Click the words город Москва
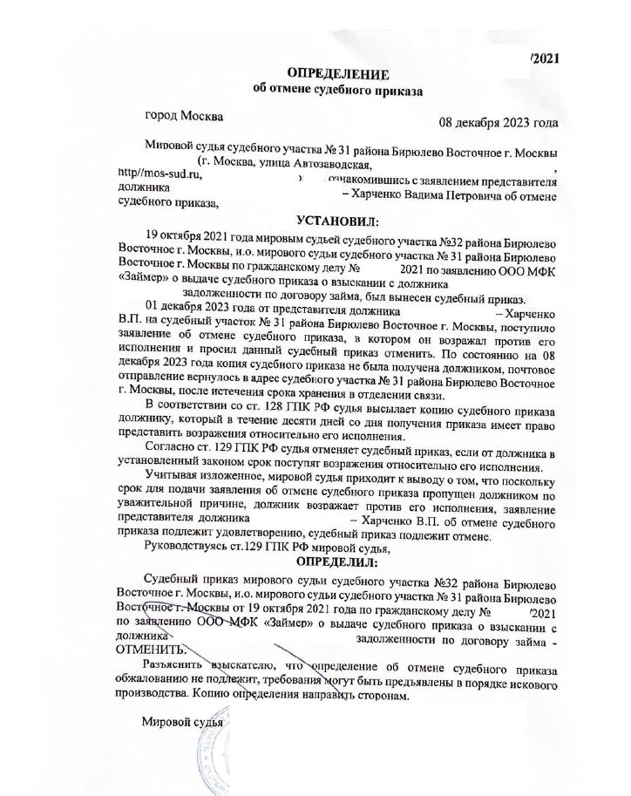click(x=183, y=115)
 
